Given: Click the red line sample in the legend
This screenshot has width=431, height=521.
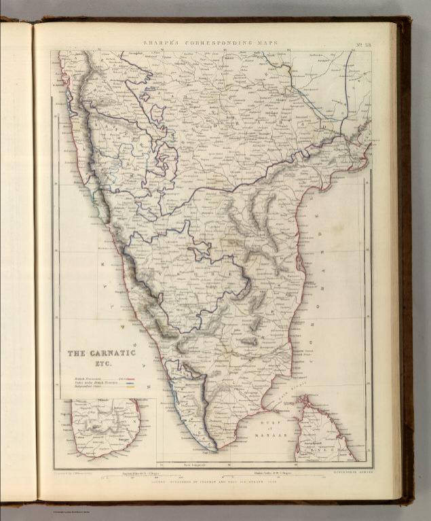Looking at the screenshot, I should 125,378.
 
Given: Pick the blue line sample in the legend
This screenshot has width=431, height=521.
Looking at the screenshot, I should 125,383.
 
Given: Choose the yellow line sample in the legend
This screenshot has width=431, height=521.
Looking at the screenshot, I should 125,388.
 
